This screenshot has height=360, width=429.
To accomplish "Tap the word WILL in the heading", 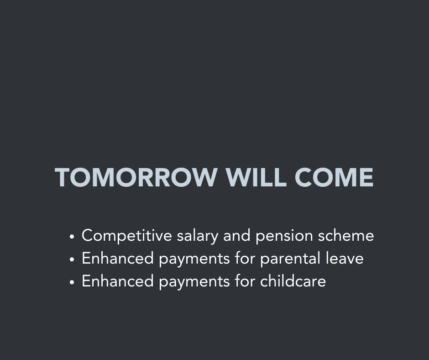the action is (x=256, y=177).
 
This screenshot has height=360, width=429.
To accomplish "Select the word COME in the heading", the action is (x=334, y=177).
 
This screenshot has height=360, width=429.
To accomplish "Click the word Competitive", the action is (x=127, y=236).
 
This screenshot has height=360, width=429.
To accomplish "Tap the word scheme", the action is (x=346, y=235).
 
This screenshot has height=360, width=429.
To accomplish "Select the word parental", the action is (x=290, y=259).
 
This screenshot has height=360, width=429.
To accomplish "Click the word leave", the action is (x=345, y=259).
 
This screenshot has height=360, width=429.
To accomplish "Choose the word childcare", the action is (x=293, y=281).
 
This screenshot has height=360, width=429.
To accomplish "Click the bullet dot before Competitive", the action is (x=72, y=237).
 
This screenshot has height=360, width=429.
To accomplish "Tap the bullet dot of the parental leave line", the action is (x=72, y=259).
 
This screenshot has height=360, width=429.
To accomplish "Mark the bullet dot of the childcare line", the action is (x=72, y=282).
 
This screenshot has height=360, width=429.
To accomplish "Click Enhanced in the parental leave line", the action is (x=118, y=259).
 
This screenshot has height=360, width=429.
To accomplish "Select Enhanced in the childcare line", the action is (x=118, y=281).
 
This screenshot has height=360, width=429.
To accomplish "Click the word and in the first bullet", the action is (x=237, y=235).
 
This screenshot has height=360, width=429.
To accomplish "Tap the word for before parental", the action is (x=245, y=259).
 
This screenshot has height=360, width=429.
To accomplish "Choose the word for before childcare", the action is (x=245, y=281).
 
